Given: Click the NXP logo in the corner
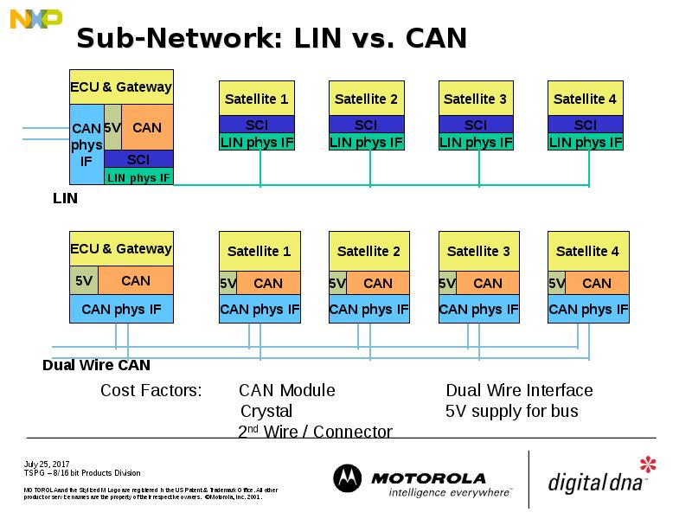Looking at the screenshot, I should point(35,18).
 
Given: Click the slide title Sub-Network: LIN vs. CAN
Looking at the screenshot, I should point(272,38).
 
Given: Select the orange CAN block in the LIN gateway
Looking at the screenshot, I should point(147,127).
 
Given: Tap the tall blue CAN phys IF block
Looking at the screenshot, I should point(86,144).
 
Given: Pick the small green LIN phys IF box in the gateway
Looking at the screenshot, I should point(138,177).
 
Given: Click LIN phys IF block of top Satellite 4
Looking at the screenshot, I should point(586,142).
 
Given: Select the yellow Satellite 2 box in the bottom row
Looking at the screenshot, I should point(368,252).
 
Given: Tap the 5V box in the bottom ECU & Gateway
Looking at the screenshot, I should point(83,280).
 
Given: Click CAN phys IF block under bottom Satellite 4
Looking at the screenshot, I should point(588,309).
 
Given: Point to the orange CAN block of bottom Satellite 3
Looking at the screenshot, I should point(488,283).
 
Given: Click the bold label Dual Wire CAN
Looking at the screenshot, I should point(96,365).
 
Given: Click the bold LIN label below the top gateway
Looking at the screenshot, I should point(65,198).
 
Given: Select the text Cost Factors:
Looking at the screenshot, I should point(151,391).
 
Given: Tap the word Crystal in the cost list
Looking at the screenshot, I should point(266,411).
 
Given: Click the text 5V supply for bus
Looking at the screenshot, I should point(511,411).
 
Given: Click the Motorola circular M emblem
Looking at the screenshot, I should point(348,478).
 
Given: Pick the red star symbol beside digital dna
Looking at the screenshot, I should point(648,465).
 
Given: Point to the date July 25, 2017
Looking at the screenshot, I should point(46,464).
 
